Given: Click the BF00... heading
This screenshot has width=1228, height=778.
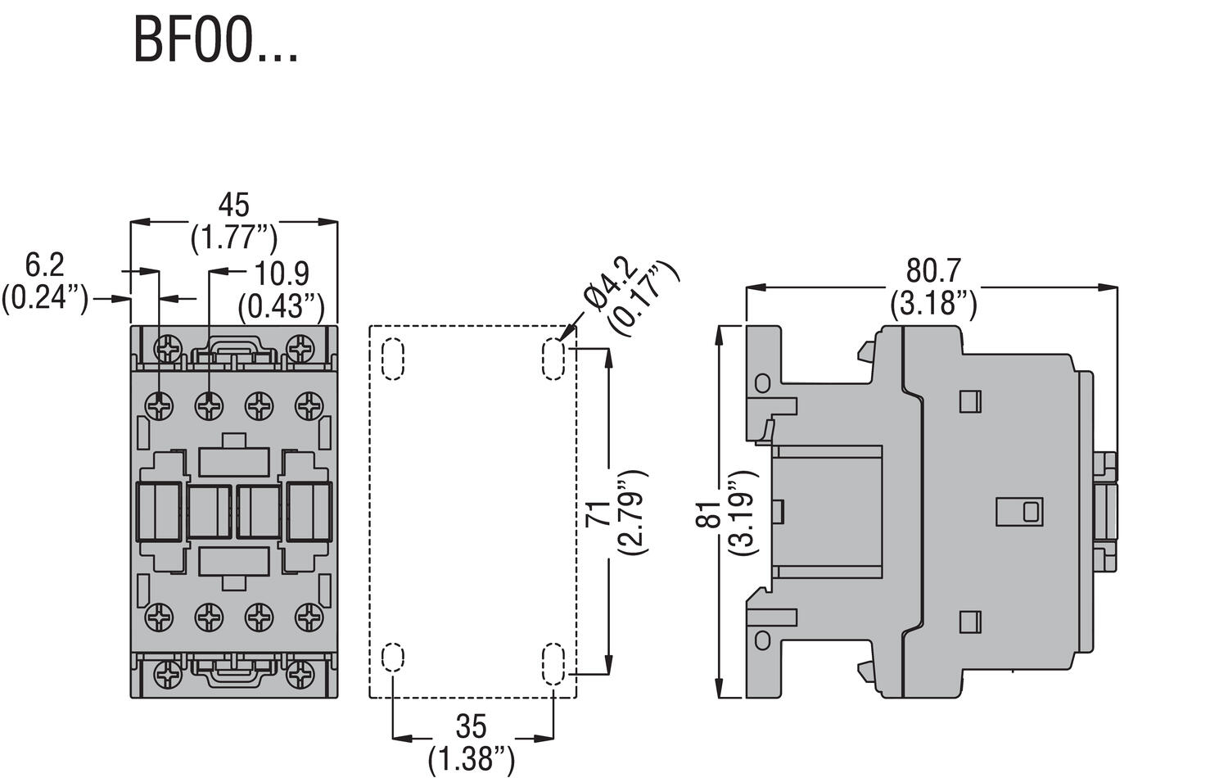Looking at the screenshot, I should tap(215, 39).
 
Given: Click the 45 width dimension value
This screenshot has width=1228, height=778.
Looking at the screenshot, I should tap(233, 206).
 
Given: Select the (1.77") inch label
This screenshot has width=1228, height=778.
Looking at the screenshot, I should tap(234, 237).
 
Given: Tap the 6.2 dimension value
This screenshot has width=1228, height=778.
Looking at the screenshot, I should tap(44, 265).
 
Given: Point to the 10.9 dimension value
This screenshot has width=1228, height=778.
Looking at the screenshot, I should tap(282, 274).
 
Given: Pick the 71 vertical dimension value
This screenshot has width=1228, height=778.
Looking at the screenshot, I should tap(598, 513).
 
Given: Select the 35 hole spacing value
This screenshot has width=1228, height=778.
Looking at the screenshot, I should tap(472, 726).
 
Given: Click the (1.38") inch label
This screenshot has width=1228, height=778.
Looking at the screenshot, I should tap(472, 759).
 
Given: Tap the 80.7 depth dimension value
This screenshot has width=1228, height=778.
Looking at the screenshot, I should tap(933, 270).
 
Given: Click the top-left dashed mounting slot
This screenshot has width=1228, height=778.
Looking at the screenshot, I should tap(393, 359).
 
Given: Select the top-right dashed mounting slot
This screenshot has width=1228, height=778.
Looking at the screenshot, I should tap(553, 359).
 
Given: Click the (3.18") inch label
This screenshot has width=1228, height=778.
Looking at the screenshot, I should tap(933, 304).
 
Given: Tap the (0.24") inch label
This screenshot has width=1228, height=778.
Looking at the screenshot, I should tap(44, 297).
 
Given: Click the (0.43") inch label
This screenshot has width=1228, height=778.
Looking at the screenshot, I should tap(282, 307).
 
